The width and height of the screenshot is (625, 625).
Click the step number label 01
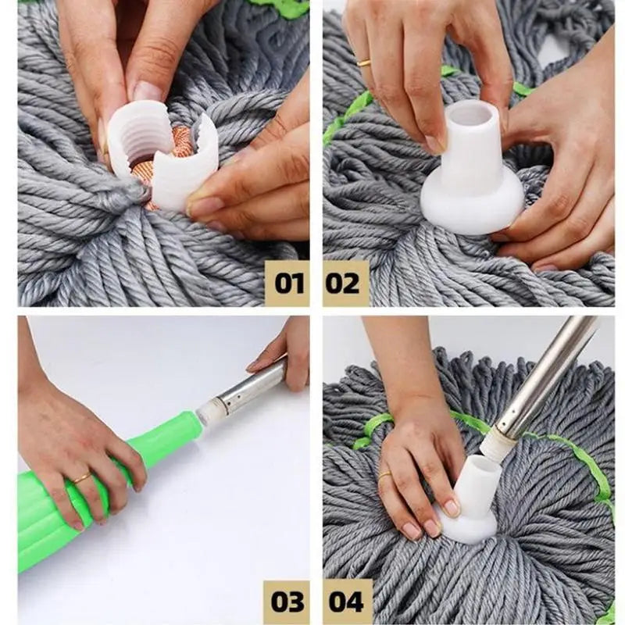pos(288,283)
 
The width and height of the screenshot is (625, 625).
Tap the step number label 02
pos(345,283)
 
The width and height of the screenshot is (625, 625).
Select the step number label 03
pos(288,602)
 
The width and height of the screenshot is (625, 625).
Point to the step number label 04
pos(346,602)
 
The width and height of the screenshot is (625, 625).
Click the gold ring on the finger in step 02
pos(364,62)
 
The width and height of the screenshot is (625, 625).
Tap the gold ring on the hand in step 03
pos(81,477)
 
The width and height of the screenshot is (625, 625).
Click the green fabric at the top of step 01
pos(281,8)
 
